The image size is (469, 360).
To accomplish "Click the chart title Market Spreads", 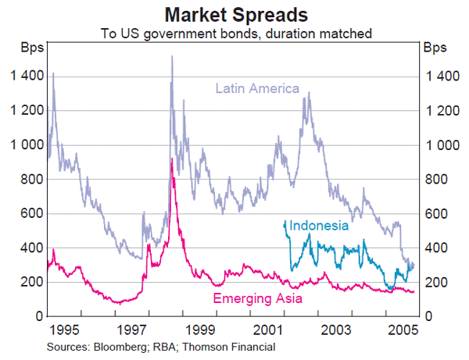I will (234, 15).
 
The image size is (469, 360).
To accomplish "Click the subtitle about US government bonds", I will (234, 34).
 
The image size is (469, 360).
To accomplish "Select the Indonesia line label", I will (318, 226).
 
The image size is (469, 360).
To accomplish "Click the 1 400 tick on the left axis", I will (26, 77).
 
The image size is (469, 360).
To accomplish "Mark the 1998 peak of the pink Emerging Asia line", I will (172, 159).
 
